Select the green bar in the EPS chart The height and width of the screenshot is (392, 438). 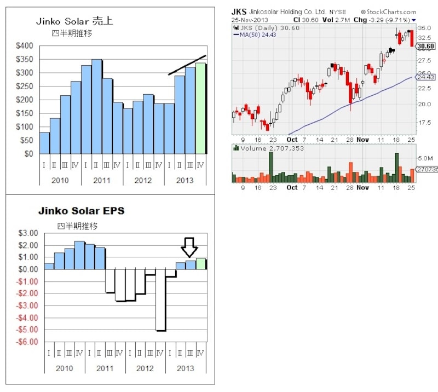(x=201, y=264)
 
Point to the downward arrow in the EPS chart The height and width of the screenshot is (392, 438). (x=189, y=247)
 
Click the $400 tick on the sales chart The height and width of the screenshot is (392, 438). (x=24, y=45)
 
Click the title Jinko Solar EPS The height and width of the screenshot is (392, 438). (x=81, y=210)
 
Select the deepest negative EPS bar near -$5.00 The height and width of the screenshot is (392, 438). (x=161, y=300)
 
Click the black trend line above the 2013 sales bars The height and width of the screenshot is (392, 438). (x=187, y=65)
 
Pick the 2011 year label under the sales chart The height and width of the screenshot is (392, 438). (x=102, y=180)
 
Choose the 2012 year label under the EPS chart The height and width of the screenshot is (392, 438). (x=145, y=368)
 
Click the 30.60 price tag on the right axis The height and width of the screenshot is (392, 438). (x=425, y=47)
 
